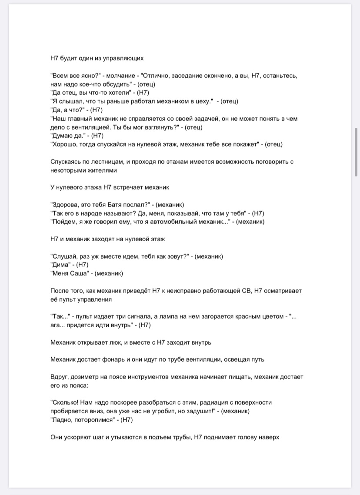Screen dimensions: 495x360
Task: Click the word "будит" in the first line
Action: point(70,58)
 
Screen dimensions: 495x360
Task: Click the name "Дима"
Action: point(61,265)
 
